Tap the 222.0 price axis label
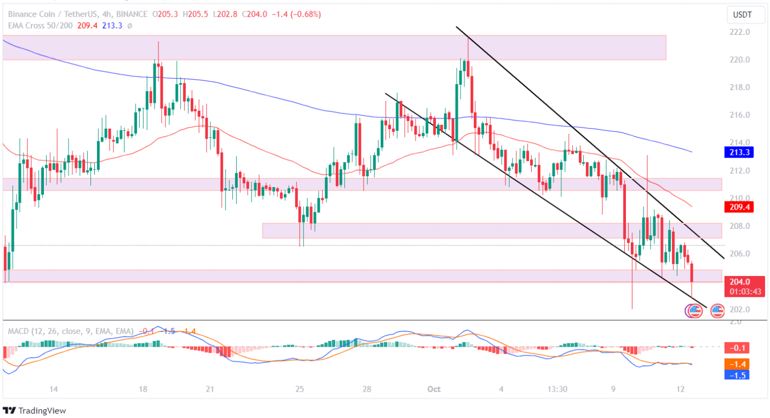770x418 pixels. click(x=739, y=32)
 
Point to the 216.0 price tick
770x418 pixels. click(x=739, y=115)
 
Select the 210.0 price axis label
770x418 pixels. click(x=739, y=198)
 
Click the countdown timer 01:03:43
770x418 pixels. click(x=745, y=292)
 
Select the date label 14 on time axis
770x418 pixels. click(x=53, y=389)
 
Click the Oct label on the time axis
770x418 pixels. click(x=434, y=389)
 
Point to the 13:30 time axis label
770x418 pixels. click(x=557, y=389)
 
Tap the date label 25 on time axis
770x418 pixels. click(x=299, y=389)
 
